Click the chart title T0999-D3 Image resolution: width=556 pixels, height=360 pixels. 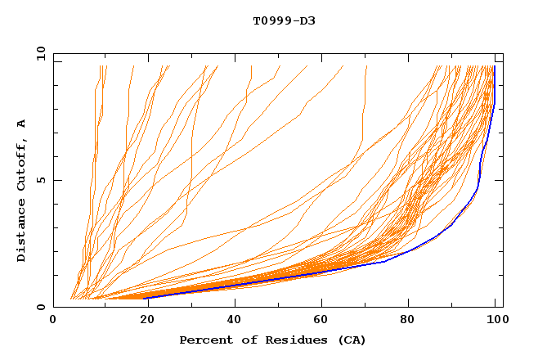(x=284, y=20)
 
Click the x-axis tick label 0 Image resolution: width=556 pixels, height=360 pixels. (x=53, y=322)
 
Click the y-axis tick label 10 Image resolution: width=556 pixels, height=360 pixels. (x=40, y=53)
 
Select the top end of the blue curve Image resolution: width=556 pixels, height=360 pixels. (x=495, y=67)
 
